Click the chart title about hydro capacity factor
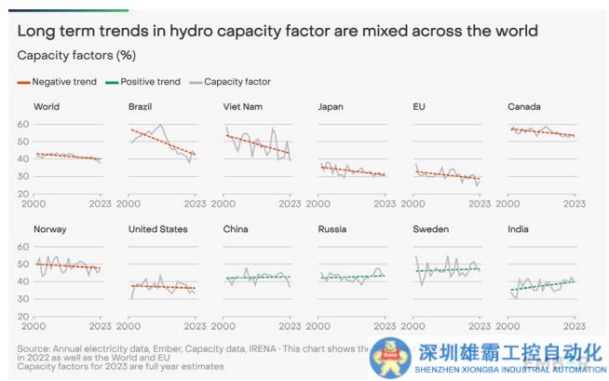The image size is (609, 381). click(x=277, y=31)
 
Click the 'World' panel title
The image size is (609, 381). click(x=47, y=107)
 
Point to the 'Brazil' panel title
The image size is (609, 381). click(x=142, y=107)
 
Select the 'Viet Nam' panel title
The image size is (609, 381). click(x=243, y=107)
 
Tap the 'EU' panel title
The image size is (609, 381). click(x=419, y=107)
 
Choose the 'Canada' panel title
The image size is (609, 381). click(x=524, y=107)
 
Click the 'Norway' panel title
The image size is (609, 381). click(x=50, y=229)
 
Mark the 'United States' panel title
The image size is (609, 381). click(x=158, y=229)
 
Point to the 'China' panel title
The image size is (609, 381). click(x=236, y=229)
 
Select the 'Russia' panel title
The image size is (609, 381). click(x=333, y=229)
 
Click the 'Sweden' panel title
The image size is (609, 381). click(x=430, y=229)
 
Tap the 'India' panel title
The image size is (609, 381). click(x=518, y=229)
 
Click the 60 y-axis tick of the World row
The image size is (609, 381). click(x=22, y=125)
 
